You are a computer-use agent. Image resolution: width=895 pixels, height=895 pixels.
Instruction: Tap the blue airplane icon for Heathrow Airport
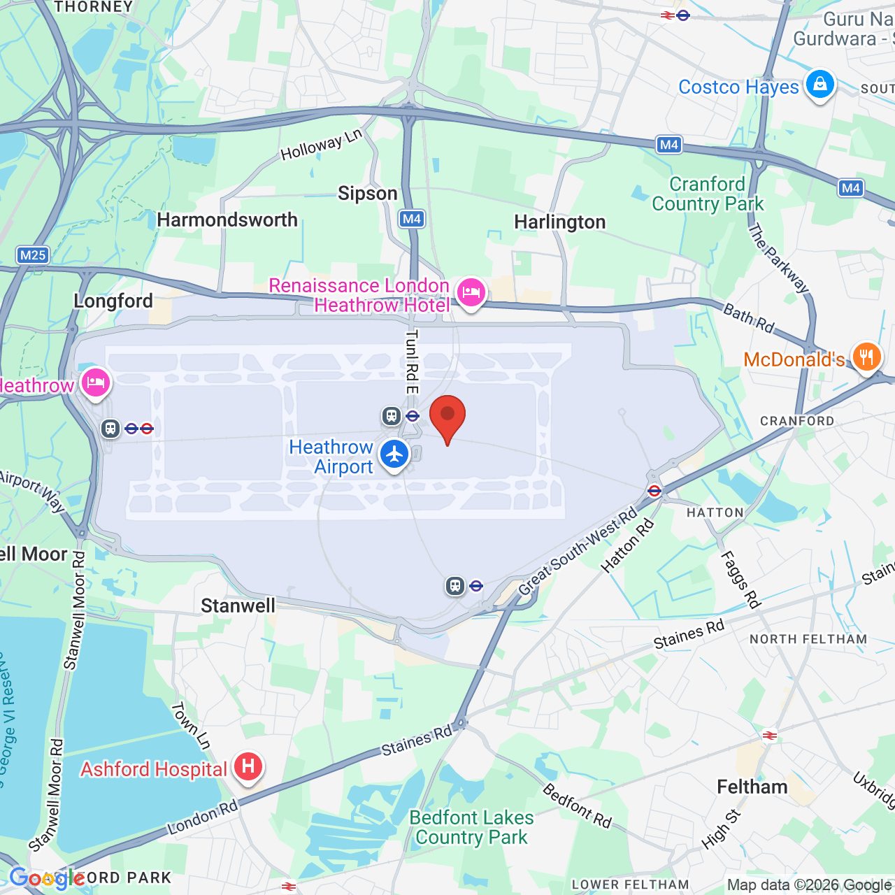pyautogui.click(x=394, y=454)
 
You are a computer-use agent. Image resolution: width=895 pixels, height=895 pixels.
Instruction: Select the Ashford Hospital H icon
pyautogui.click(x=248, y=767)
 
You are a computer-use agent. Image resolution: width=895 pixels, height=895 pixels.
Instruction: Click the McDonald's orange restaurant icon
pyautogui.click(x=866, y=357)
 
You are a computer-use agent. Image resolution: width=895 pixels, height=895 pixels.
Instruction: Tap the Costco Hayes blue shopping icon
pyautogui.click(x=819, y=85)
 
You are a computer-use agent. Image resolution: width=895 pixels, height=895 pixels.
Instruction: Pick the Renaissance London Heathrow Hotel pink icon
pyautogui.click(x=471, y=293)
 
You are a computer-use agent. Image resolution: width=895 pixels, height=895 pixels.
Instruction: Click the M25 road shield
pyautogui.click(x=33, y=255)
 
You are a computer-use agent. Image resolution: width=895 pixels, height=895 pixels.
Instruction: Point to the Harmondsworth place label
pyautogui.click(x=227, y=220)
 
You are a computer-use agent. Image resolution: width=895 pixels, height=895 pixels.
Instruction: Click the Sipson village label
pyautogui.click(x=367, y=194)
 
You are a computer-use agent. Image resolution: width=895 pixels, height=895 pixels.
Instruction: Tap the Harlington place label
pyautogui.click(x=559, y=222)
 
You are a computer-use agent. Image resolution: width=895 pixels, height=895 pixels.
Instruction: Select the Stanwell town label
pyautogui.click(x=238, y=606)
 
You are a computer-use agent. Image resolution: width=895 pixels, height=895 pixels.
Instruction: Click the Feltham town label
pyautogui.click(x=752, y=787)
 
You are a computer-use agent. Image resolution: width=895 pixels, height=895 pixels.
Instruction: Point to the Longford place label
pyautogui.click(x=113, y=301)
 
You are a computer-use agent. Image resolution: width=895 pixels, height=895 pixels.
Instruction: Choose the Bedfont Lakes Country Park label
pyautogui.click(x=471, y=827)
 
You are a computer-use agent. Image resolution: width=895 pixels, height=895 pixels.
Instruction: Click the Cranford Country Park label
pyautogui.click(x=707, y=194)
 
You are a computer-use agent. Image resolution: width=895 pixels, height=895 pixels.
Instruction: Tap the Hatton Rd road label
pyautogui.click(x=628, y=546)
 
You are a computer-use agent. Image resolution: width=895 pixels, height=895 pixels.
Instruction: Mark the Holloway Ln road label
pyautogui.click(x=321, y=145)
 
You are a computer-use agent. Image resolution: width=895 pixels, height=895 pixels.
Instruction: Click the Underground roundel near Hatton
pyautogui.click(x=654, y=491)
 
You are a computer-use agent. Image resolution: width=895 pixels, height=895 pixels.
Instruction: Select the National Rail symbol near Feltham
pyautogui.click(x=769, y=735)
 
